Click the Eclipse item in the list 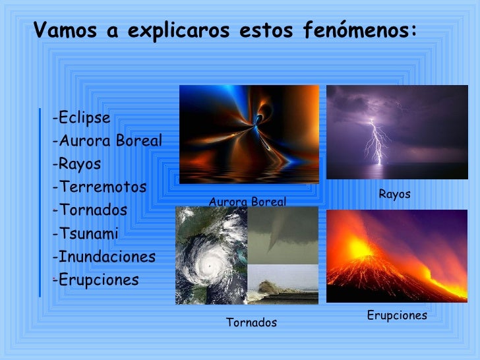82,118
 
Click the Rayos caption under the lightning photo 394,194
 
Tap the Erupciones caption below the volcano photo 397,315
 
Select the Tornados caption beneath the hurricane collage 251,322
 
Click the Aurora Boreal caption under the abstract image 247,202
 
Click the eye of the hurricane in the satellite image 210,265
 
